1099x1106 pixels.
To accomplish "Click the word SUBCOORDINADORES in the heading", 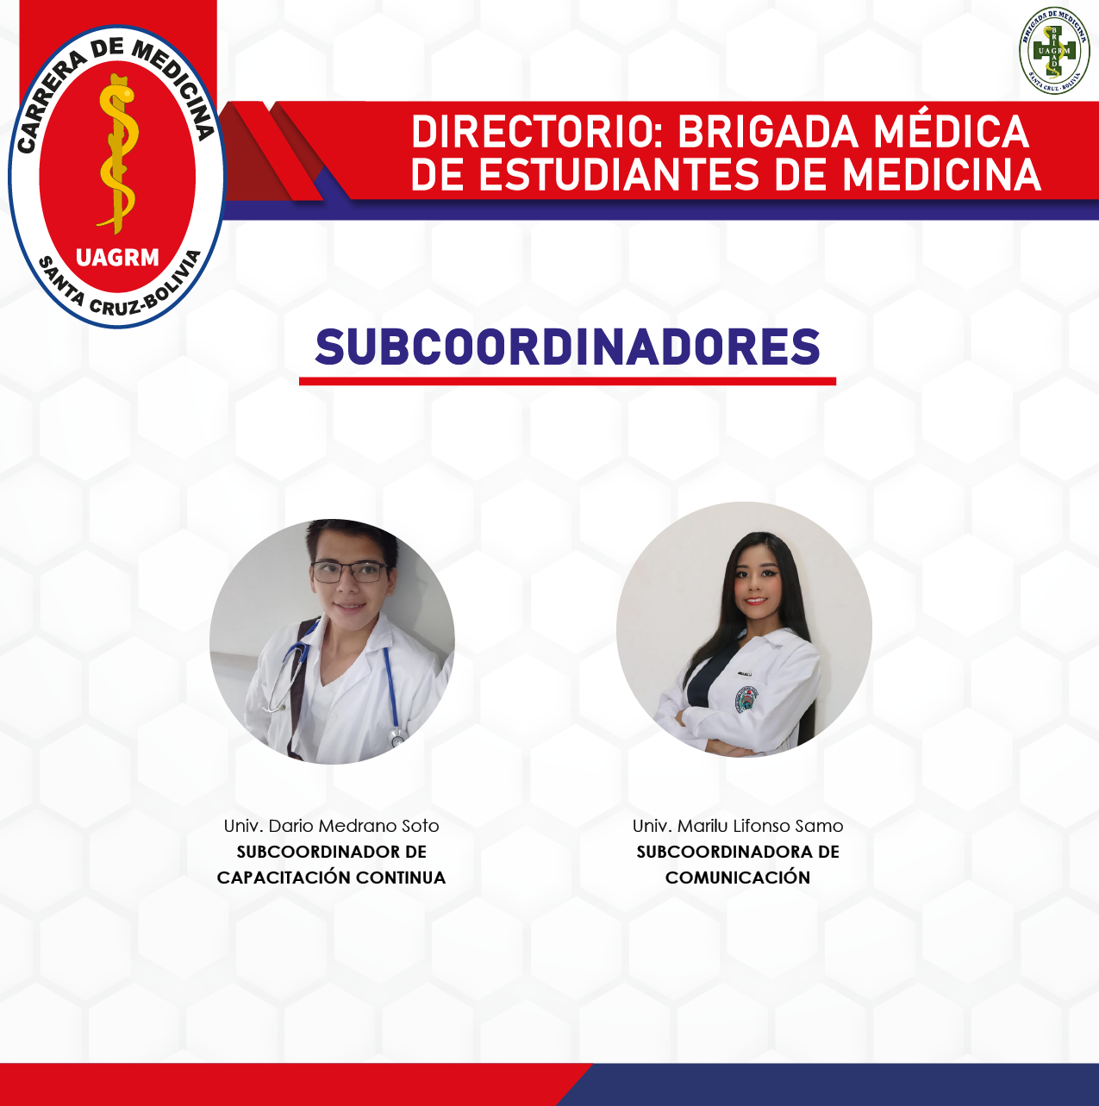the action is pyautogui.click(x=567, y=347).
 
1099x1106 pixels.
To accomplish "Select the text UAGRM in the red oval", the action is pyautogui.click(x=117, y=258).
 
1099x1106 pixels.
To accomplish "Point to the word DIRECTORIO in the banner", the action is pyautogui.click(x=537, y=132).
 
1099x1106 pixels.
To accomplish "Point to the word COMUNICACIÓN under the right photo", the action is pyautogui.click(x=738, y=878).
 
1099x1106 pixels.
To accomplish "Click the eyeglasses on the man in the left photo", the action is pyautogui.click(x=349, y=572).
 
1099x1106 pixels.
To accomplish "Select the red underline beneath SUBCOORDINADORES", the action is pyautogui.click(x=567, y=381).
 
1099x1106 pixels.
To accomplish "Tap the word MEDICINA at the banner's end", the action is pyautogui.click(x=941, y=174).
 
